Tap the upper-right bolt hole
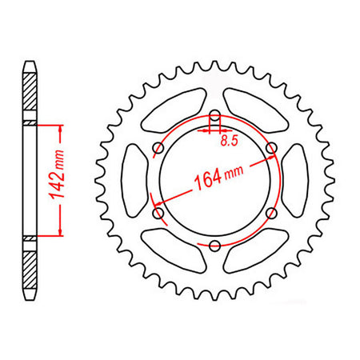(x=271, y=148)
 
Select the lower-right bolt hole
(x=271, y=213)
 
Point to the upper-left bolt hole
(x=158, y=148)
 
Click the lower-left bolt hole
(x=158, y=214)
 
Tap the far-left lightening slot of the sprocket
(x=136, y=181)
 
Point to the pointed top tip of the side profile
(x=30, y=59)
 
